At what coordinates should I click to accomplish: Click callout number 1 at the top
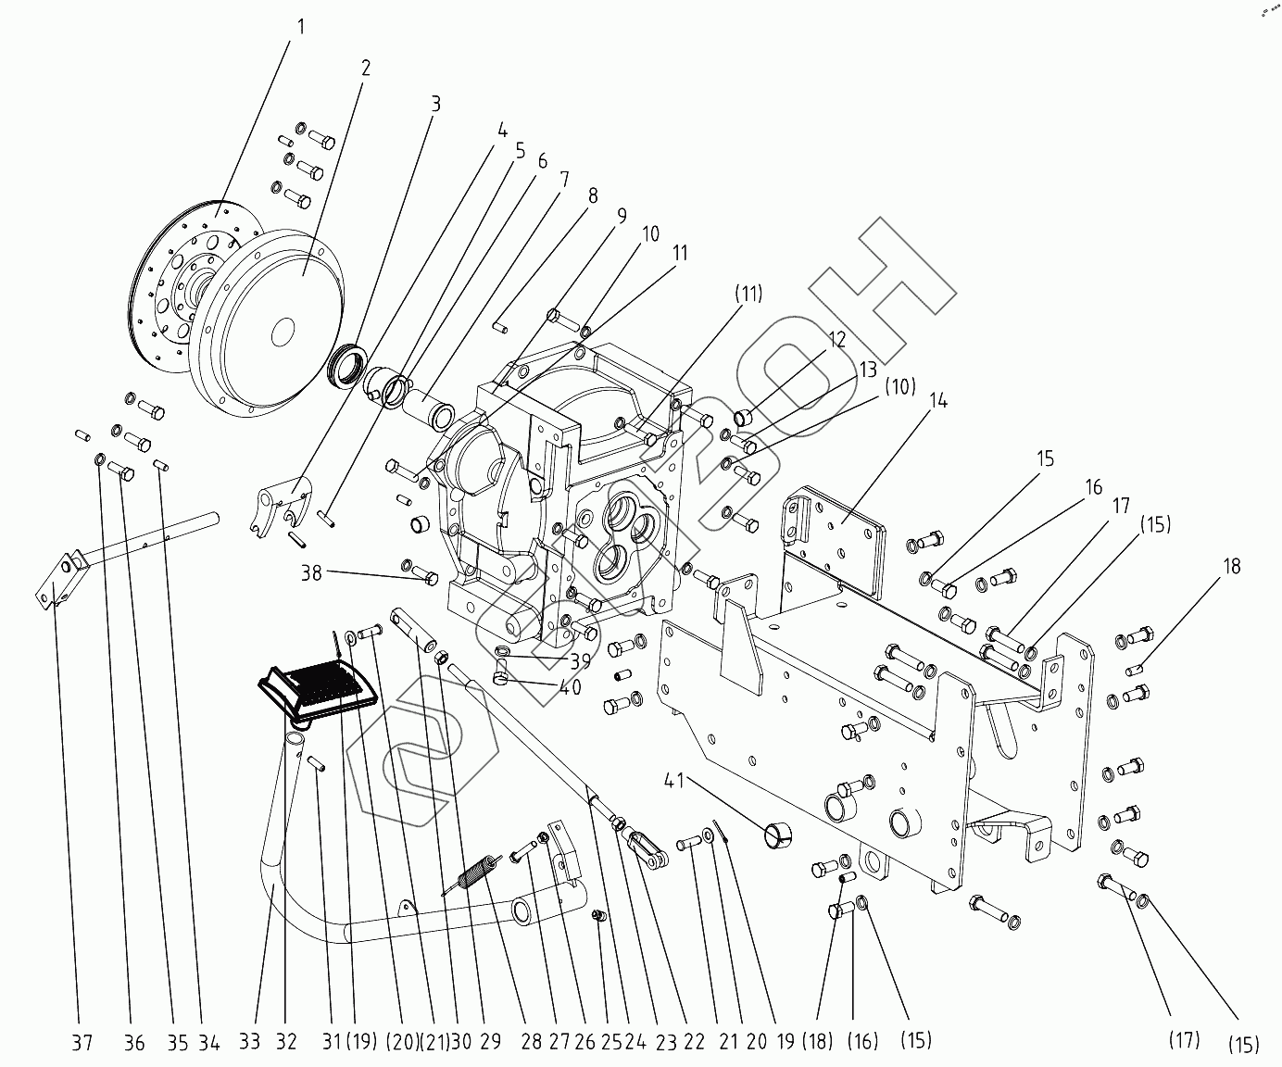(301, 27)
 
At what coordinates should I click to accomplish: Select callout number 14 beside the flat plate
(938, 401)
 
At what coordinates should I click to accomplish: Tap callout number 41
(674, 782)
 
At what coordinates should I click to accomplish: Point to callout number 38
(311, 572)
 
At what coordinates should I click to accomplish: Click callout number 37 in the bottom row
(82, 1043)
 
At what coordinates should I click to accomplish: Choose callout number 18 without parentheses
(1232, 565)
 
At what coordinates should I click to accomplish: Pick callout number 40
(571, 687)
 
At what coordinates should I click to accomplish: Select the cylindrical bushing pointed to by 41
(778, 834)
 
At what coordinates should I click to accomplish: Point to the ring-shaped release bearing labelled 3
(347, 365)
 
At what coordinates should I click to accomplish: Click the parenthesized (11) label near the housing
(748, 294)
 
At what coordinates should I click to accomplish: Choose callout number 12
(837, 340)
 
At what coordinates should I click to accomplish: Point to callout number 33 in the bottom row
(249, 1042)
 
